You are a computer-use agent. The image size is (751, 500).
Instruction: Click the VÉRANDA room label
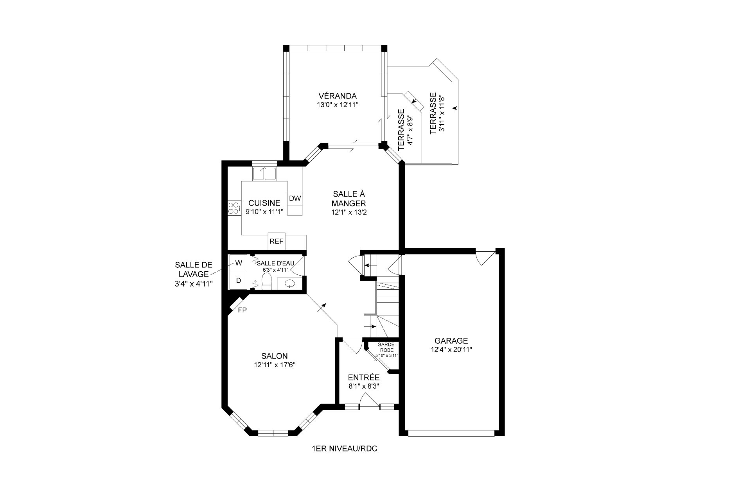(338, 96)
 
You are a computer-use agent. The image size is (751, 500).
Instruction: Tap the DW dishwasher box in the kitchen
(295, 198)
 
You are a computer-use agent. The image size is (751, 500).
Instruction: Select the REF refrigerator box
(277, 241)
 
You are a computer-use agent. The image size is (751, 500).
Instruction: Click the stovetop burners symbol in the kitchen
(234, 208)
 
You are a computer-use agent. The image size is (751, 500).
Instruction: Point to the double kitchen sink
(264, 172)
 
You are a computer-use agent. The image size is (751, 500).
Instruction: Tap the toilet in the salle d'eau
(266, 281)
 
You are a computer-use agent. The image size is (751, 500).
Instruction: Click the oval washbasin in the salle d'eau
(290, 283)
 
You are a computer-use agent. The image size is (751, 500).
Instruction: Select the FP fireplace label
(242, 310)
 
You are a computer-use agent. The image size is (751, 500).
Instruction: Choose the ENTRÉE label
(364, 377)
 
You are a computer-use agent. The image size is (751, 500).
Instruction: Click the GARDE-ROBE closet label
(386, 348)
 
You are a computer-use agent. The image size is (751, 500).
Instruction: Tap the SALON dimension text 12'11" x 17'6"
(274, 365)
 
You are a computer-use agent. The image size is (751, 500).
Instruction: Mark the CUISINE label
(264, 203)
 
